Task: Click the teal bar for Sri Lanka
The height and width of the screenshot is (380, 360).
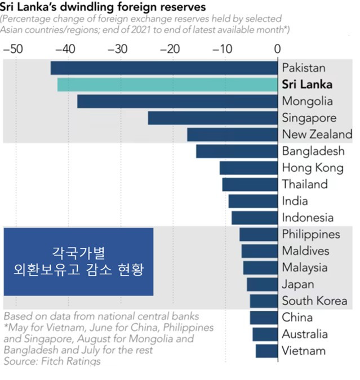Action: tap(167, 84)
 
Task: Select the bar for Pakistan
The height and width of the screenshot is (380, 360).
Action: tap(164, 68)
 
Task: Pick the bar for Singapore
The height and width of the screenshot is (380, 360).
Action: tap(213, 118)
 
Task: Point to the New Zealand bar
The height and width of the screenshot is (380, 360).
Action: tap(232, 135)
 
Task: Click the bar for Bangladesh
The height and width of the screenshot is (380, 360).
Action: tap(237, 151)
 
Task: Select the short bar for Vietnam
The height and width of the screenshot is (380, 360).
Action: tap(266, 351)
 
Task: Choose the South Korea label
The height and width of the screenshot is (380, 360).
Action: tap(314, 301)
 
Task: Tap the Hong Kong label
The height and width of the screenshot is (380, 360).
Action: tap(312, 168)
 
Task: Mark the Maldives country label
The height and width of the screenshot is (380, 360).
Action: tap(306, 251)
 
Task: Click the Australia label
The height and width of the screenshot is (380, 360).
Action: tap(305, 334)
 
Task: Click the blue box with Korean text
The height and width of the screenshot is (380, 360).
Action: tap(79, 261)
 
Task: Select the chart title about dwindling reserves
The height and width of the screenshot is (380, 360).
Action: tap(103, 8)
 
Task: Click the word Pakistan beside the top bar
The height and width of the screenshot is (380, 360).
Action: tap(304, 68)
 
